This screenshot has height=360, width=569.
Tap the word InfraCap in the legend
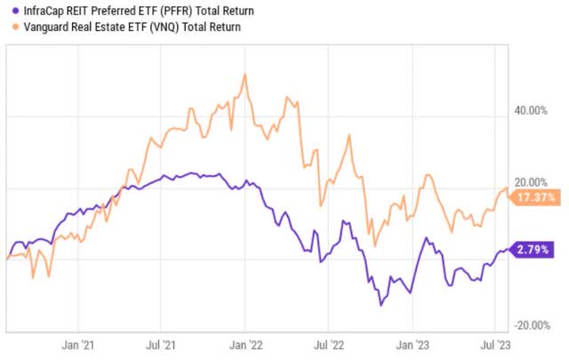point(41,10)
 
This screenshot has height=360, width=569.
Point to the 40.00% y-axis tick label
point(533,111)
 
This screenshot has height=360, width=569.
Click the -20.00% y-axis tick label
point(531,325)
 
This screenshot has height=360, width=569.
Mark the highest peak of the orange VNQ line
point(244,74)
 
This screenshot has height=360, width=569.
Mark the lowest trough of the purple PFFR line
point(381,305)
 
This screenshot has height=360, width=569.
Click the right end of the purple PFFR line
point(508,249)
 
